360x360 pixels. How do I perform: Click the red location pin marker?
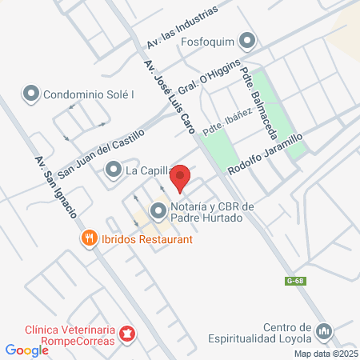click(181, 178)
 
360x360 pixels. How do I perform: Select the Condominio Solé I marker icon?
click(32, 93)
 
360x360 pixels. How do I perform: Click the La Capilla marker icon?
click(113, 170)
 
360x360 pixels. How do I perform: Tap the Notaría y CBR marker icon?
click(158, 212)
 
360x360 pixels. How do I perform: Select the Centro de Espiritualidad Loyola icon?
click(324, 330)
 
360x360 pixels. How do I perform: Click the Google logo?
click(26, 350)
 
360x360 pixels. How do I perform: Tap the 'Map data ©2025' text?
click(326, 354)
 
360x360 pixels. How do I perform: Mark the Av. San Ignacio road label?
click(55, 189)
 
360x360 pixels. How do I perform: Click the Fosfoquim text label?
click(211, 41)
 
